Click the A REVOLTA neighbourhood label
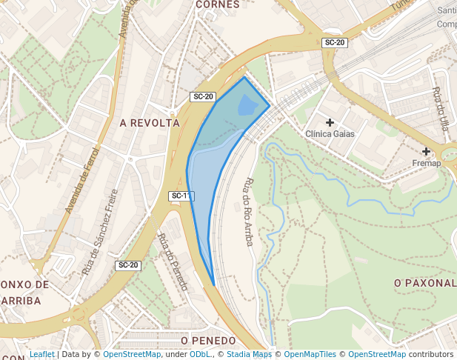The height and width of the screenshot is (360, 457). point(150,123)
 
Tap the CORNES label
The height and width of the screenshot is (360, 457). point(218,4)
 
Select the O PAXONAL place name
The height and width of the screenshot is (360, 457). point(425,283)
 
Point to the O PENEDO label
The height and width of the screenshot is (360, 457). point(208,341)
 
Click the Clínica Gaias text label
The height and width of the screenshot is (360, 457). point(330,134)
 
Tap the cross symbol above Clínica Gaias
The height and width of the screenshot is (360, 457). point(330,121)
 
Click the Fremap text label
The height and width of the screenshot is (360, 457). point(427,163)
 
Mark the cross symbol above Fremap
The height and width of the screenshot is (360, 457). point(427,151)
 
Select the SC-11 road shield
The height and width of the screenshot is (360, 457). point(181,196)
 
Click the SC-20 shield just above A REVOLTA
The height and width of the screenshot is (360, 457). point(203,97)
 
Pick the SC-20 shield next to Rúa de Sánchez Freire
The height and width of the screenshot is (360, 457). point(128,265)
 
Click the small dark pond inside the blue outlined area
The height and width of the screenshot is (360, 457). point(247,106)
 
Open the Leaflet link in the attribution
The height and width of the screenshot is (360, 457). point(41,355)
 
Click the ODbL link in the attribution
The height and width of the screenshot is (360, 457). point(200,355)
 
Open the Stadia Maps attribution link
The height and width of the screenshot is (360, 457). point(249,355)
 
